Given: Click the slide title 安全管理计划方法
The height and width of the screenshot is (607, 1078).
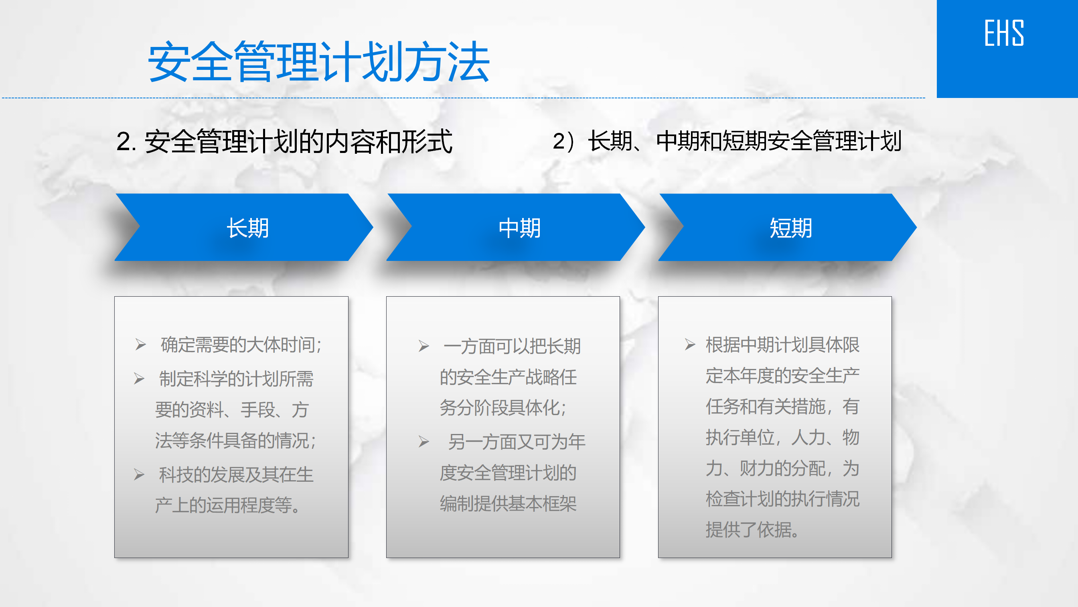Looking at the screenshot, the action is click(319, 61).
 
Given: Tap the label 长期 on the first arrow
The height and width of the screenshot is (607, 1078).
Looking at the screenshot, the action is click(248, 228).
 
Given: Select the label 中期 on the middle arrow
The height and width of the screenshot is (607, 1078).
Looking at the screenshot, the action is click(520, 228).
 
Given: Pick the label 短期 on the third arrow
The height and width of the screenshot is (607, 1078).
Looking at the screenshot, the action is click(791, 228).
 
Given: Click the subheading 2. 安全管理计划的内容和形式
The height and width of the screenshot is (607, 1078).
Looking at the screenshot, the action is click(285, 141).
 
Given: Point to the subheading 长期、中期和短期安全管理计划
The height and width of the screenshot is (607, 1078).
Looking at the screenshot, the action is click(745, 141).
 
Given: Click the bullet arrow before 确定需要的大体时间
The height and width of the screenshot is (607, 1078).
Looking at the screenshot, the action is click(141, 345).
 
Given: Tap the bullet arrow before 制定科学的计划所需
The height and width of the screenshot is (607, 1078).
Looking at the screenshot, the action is click(139, 379).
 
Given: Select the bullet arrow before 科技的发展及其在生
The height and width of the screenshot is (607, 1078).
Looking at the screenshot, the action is click(139, 475).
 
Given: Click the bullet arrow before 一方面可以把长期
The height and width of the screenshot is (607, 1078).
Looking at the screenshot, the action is click(424, 346).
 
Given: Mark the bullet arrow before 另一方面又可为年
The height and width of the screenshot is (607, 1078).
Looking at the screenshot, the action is click(424, 442).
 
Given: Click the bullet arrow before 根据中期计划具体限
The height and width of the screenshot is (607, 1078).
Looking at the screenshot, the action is click(690, 344).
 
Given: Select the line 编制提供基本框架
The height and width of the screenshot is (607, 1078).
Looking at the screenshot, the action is click(508, 503).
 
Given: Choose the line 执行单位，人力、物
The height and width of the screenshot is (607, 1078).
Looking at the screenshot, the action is click(782, 437).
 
